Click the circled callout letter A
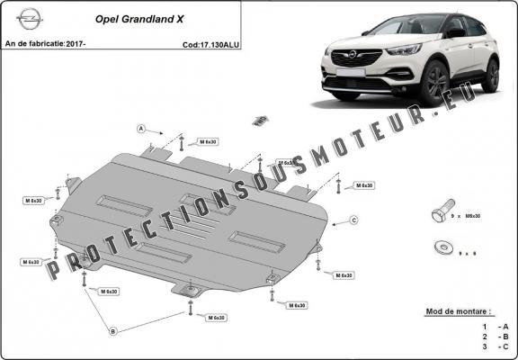click(141, 129)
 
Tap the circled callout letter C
click(354, 220)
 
